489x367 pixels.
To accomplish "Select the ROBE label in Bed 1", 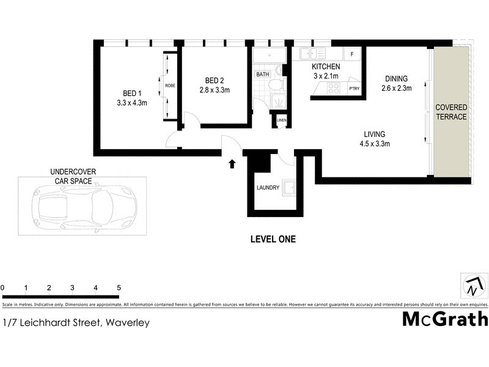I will point(169,86).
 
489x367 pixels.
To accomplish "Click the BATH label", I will point(262,74).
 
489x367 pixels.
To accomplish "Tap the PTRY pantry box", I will point(354,89).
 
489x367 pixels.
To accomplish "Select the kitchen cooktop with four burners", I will point(334,89).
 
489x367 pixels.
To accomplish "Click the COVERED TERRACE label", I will point(451,112).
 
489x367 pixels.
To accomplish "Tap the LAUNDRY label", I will point(268,188).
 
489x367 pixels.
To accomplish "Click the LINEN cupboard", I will point(281,120).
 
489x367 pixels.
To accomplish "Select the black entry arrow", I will point(232,163).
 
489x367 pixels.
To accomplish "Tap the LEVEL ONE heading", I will point(273,239).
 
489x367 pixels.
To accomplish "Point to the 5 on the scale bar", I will point(119,287).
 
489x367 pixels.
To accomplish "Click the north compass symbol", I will point(475,286).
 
